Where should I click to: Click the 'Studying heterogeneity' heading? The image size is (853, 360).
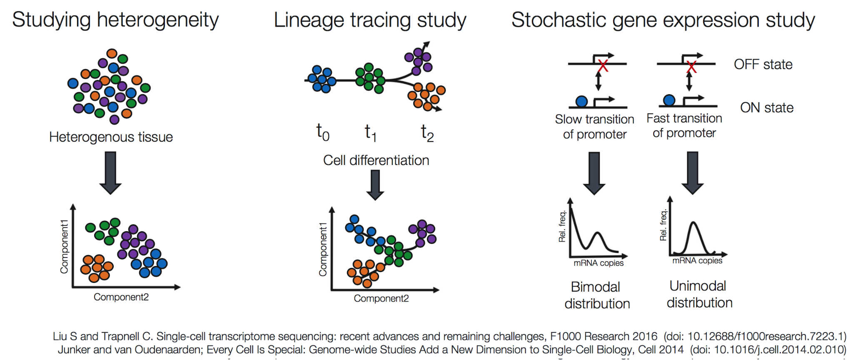[115, 20]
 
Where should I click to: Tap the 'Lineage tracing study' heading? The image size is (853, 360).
[370, 20]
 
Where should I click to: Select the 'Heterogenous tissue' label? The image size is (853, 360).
[111, 137]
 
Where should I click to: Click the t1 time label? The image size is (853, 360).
[370, 132]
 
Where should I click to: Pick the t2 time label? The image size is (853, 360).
[427, 132]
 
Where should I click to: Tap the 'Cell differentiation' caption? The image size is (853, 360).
[376, 160]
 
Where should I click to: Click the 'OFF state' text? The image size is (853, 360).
[763, 64]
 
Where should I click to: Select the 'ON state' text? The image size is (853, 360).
[766, 107]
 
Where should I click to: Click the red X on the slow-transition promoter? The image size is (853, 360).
[603, 65]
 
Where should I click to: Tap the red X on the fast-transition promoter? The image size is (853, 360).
[691, 66]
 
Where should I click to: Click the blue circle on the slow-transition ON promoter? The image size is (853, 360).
[581, 101]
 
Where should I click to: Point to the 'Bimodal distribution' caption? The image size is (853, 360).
[597, 295]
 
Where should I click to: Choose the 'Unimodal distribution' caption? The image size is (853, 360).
[699, 294]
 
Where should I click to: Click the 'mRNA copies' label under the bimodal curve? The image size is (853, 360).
[598, 263]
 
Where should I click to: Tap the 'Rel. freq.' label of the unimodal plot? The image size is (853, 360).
[663, 225]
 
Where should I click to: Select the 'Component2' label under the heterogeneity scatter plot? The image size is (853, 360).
[121, 297]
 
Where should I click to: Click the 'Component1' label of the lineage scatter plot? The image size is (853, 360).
[323, 249]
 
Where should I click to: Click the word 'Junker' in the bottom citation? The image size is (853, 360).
[74, 349]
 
